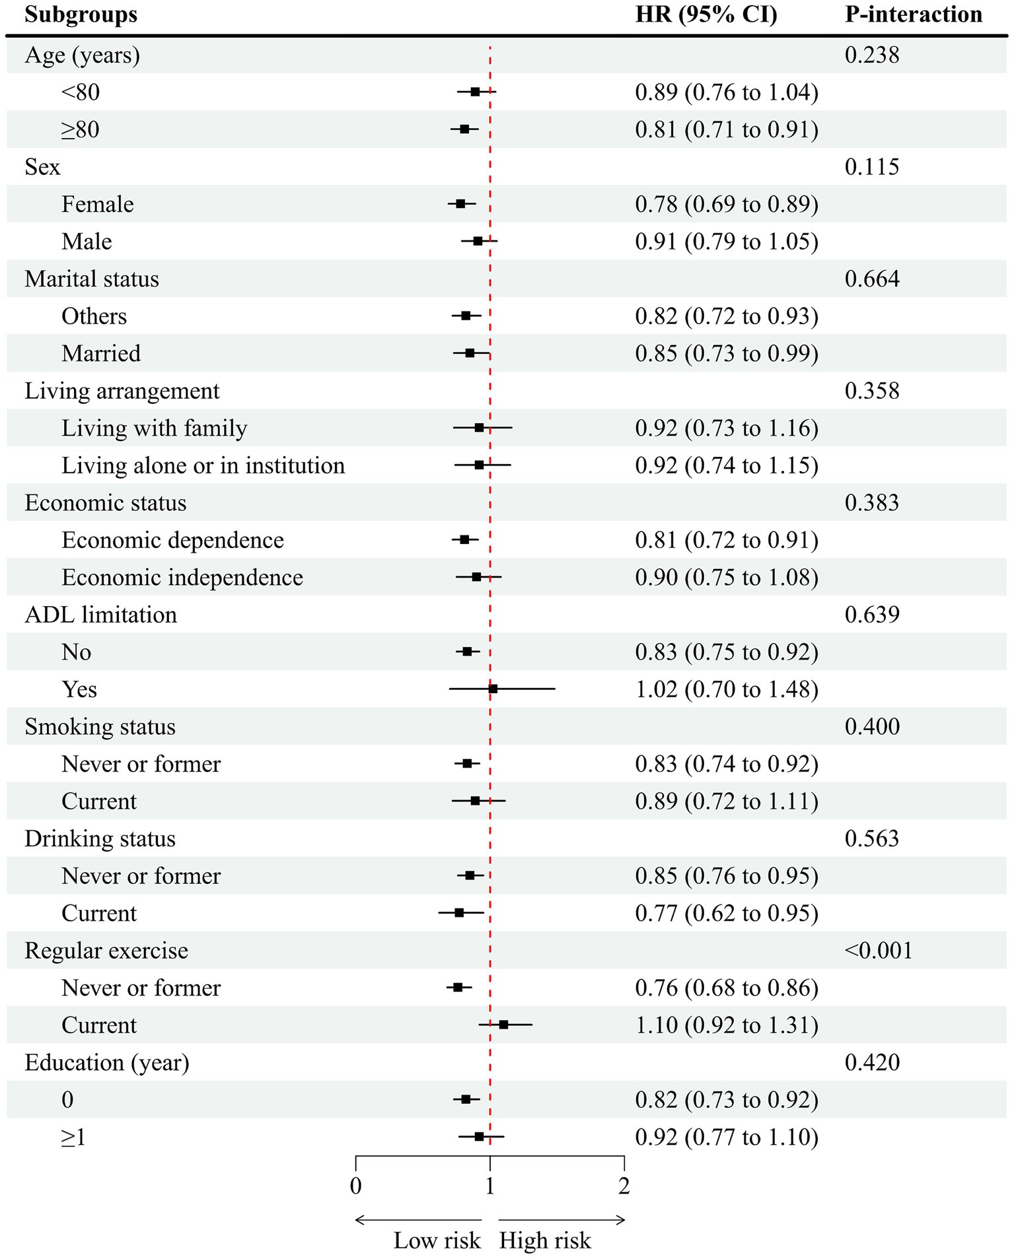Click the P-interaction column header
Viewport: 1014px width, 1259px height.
(x=913, y=15)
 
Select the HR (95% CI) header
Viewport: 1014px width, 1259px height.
(x=706, y=15)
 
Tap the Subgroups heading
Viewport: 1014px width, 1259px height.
(x=81, y=15)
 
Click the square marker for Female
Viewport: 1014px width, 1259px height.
(x=460, y=204)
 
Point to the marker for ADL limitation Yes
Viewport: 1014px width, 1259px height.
(x=493, y=689)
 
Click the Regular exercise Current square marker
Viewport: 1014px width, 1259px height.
(x=503, y=1025)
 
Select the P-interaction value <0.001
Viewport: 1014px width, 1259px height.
(x=878, y=950)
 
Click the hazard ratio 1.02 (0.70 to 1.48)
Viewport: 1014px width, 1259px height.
(x=726, y=689)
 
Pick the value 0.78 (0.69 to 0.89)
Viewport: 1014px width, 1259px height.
(x=726, y=205)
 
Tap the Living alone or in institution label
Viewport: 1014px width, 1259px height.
(x=203, y=465)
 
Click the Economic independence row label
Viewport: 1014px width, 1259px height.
(x=182, y=578)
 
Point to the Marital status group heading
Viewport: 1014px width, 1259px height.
(x=92, y=279)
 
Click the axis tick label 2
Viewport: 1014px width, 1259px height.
(x=624, y=1186)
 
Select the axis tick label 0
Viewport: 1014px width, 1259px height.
(x=355, y=1186)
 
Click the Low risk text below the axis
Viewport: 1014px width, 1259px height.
(x=437, y=1241)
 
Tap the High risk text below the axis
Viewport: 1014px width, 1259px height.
(x=544, y=1241)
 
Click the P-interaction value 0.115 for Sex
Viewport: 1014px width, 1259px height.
(x=871, y=167)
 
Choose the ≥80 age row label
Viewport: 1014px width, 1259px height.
(x=80, y=129)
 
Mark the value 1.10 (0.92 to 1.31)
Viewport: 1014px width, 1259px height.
(x=726, y=1025)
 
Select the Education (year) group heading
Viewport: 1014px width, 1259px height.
(x=106, y=1062)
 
